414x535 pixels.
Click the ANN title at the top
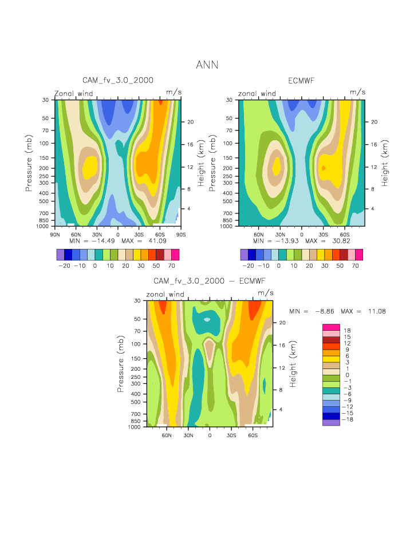pyautogui.click(x=207, y=65)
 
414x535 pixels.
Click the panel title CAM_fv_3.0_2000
pyautogui.click(x=118, y=81)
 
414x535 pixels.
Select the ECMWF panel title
pyautogui.click(x=301, y=81)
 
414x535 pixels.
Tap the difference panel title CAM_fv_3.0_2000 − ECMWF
pyautogui.click(x=210, y=281)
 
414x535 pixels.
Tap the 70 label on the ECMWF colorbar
pyautogui.click(x=355, y=266)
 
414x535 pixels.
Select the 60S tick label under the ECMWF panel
pyautogui.click(x=344, y=234)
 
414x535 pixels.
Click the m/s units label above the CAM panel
pyautogui.click(x=174, y=92)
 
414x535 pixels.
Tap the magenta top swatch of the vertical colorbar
pyautogui.click(x=331, y=326)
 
